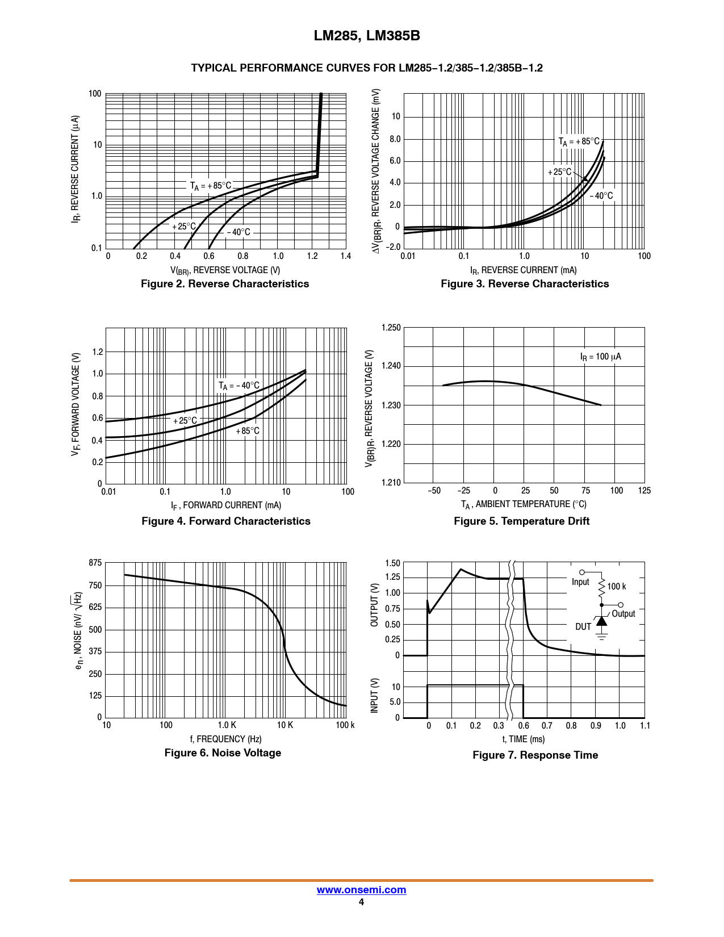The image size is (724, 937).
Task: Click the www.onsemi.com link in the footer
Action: point(361,890)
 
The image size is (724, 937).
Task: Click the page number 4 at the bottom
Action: point(361,902)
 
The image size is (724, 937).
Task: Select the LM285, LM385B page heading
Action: point(367,36)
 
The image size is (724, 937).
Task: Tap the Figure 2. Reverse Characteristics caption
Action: point(225,284)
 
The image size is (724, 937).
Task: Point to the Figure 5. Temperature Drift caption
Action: point(521,521)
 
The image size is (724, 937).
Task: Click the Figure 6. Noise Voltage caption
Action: point(223,753)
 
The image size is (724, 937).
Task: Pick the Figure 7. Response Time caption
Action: point(535,755)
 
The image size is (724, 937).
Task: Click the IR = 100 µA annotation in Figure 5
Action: point(600,357)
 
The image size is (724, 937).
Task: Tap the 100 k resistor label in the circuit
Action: point(617,587)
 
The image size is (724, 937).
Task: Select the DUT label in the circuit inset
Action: point(583,627)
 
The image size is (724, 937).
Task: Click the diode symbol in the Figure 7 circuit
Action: point(602,621)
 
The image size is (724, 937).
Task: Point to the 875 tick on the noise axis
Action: point(95,563)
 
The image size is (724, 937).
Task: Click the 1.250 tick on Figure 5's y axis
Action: point(391,328)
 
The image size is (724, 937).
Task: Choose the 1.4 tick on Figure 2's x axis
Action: point(345,256)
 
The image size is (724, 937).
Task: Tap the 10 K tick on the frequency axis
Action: point(285,725)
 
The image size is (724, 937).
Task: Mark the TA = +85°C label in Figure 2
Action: point(211,186)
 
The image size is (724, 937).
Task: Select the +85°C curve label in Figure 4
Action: point(248,431)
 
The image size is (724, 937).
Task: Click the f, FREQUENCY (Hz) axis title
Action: point(225,739)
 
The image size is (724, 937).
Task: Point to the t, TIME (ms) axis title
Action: point(523,739)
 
